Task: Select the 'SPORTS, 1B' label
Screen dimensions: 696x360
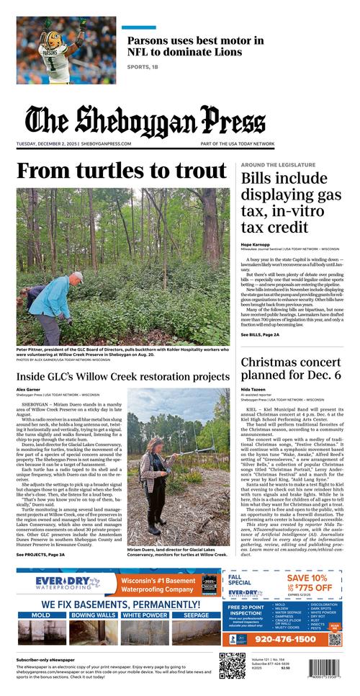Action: (x=143, y=67)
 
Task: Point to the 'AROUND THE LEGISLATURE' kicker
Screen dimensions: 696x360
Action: (x=278, y=165)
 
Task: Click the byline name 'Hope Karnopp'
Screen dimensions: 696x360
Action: (x=256, y=244)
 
